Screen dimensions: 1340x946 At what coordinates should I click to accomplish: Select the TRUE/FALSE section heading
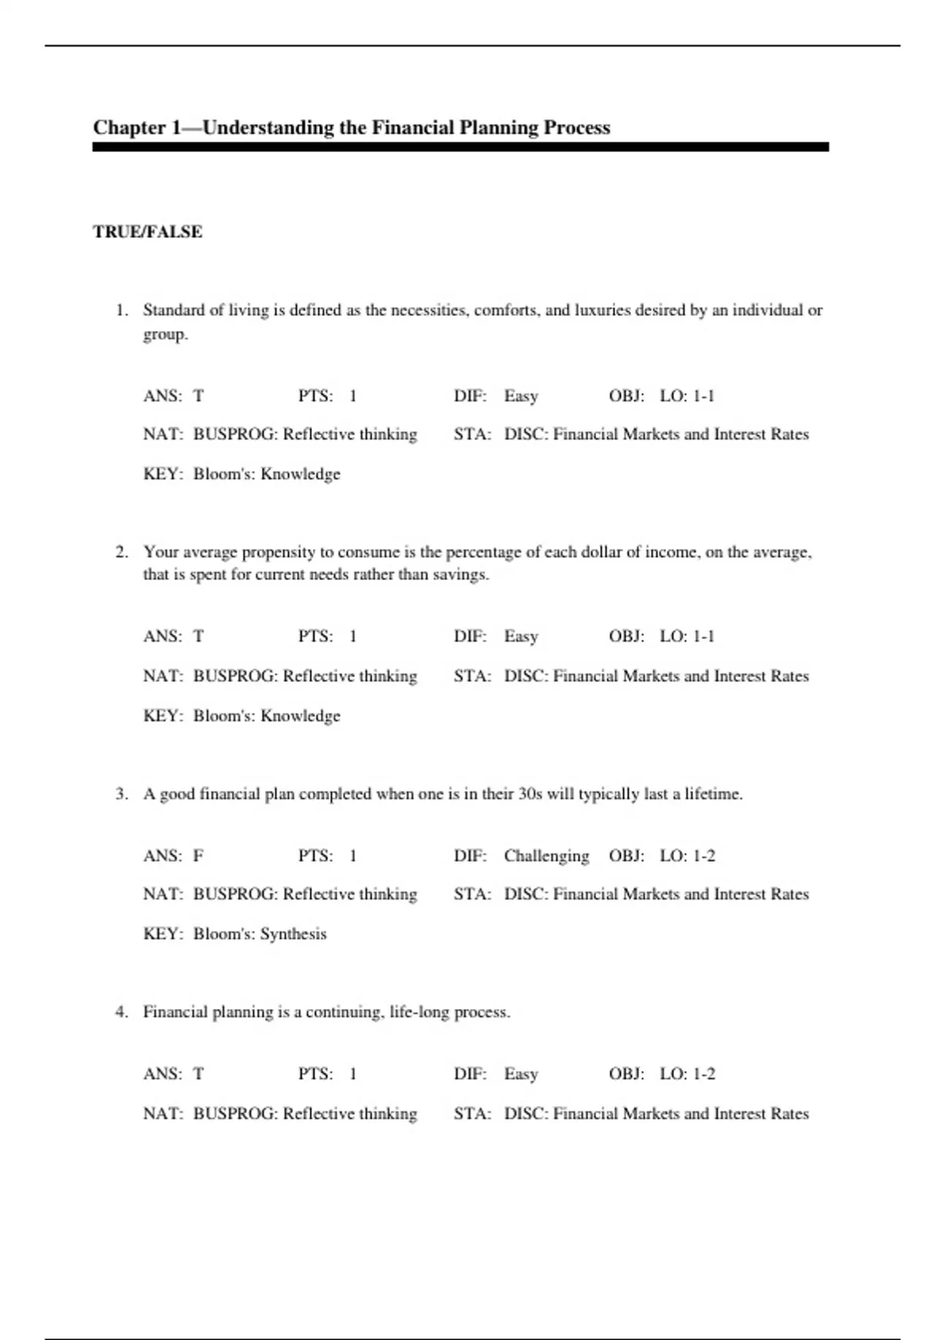pyautogui.click(x=147, y=232)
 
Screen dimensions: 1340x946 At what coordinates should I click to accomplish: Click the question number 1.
pyautogui.click(x=121, y=310)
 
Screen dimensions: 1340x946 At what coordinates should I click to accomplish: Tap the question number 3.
pyautogui.click(x=121, y=794)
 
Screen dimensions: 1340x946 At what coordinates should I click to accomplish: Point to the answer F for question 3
pyautogui.click(x=199, y=855)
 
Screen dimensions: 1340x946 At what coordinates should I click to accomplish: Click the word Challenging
pyautogui.click(x=546, y=855)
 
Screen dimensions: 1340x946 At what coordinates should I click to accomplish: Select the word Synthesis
pyautogui.click(x=293, y=934)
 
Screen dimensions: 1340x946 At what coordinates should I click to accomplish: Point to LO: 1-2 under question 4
pyautogui.click(x=687, y=1074)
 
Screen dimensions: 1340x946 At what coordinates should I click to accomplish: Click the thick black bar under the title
pyautogui.click(x=460, y=147)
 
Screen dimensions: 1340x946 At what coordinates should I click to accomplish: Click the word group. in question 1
pyautogui.click(x=166, y=334)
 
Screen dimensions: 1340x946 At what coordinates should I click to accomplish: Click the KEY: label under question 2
pyautogui.click(x=162, y=716)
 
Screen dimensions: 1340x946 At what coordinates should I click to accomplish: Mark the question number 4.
pyautogui.click(x=121, y=1012)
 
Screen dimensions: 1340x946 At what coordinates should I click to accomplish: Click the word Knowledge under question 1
pyautogui.click(x=300, y=474)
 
